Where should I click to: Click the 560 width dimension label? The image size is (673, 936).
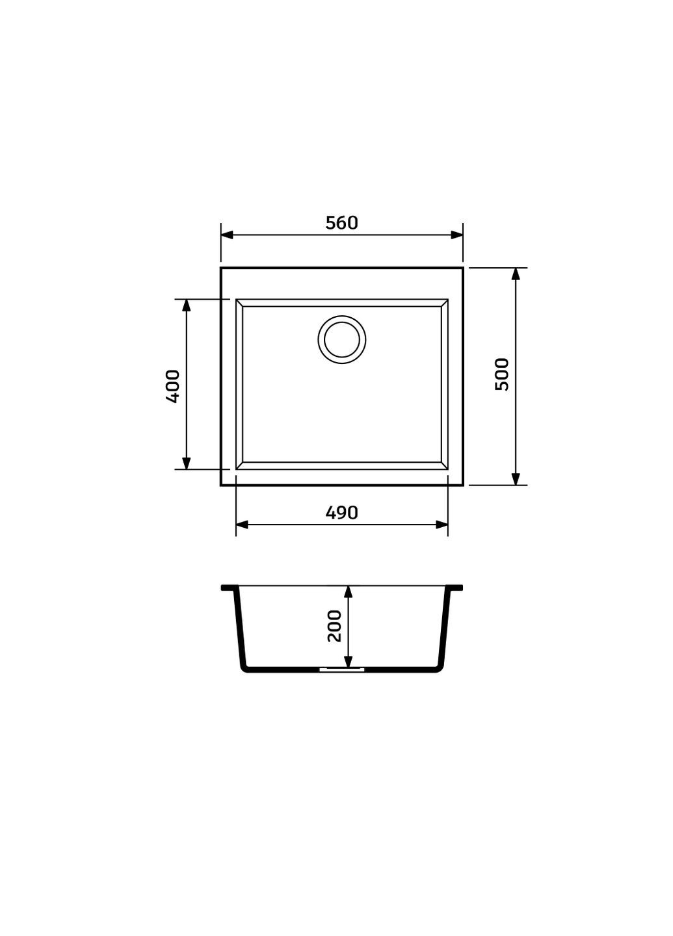tap(341, 223)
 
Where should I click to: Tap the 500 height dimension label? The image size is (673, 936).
tap(501, 374)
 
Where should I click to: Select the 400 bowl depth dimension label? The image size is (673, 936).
tap(173, 386)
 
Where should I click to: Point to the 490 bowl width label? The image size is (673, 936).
tap(341, 513)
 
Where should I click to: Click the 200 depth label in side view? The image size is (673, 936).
tap(334, 626)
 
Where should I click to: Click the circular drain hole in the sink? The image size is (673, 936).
tap(341, 339)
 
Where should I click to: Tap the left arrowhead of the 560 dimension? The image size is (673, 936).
tap(227, 235)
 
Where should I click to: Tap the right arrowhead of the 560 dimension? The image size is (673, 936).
tap(456, 235)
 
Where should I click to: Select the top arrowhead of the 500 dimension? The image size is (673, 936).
tap(516, 274)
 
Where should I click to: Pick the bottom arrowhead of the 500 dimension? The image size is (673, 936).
tap(516, 479)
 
